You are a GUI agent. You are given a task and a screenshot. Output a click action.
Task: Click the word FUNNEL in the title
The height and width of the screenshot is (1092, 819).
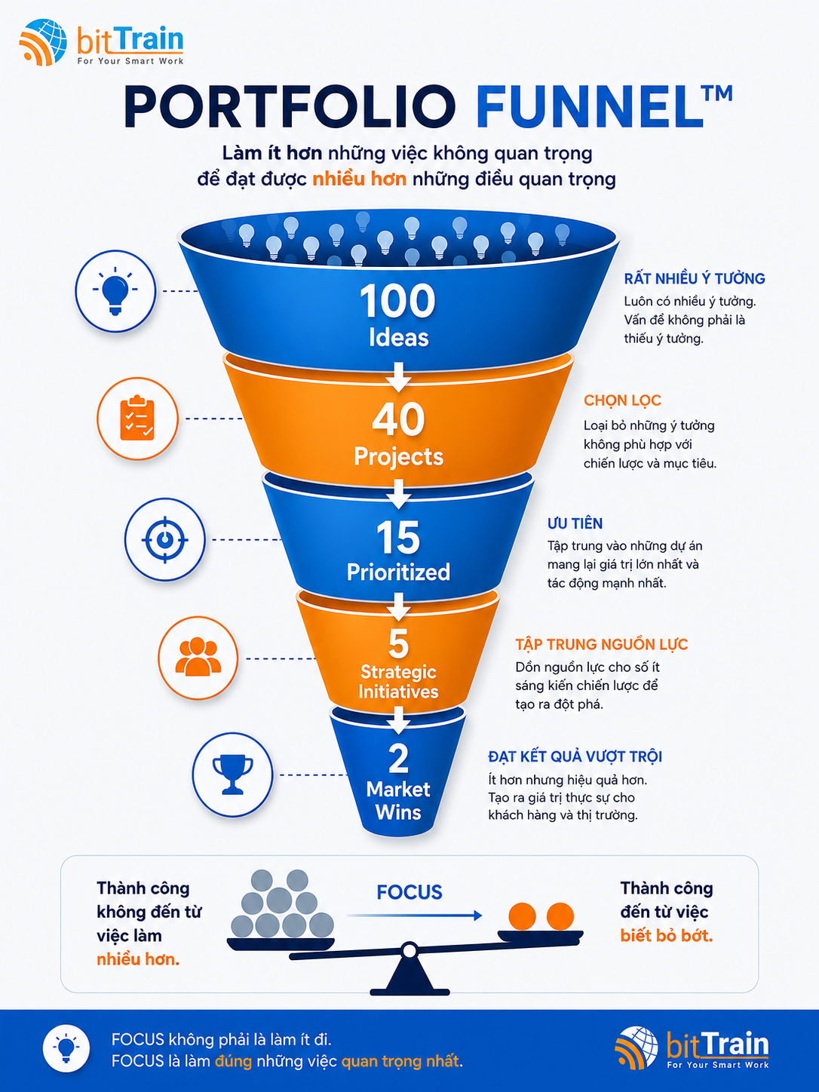(x=590, y=107)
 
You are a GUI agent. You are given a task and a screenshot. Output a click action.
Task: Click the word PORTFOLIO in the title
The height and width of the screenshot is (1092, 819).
(x=290, y=107)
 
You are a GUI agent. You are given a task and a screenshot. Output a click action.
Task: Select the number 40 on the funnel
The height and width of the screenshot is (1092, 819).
(x=398, y=419)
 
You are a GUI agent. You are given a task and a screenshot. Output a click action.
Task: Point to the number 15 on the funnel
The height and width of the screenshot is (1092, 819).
(x=398, y=538)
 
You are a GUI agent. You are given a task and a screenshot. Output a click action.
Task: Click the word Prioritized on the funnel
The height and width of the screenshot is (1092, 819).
(x=398, y=572)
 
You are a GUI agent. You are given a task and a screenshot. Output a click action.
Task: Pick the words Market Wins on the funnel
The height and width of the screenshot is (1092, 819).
(x=398, y=801)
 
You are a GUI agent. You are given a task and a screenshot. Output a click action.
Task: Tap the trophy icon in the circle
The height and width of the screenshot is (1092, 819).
(x=233, y=775)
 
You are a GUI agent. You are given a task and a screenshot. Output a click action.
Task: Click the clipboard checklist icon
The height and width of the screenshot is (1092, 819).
(x=137, y=418)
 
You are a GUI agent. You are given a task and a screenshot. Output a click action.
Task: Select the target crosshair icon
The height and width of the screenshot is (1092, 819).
(x=164, y=539)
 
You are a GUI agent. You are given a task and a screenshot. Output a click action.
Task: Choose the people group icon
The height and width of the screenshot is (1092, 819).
(x=198, y=657)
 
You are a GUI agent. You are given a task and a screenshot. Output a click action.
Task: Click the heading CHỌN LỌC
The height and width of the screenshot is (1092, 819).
(x=623, y=400)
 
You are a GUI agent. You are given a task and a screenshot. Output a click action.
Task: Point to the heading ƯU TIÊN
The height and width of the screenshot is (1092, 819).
(x=575, y=523)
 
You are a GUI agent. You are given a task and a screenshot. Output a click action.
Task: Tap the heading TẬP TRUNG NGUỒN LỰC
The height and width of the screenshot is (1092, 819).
(x=602, y=645)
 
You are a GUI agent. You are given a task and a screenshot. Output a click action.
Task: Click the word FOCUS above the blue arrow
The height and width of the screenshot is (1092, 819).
(x=409, y=892)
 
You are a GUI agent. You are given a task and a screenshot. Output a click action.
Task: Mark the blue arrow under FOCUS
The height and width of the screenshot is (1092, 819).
(x=415, y=916)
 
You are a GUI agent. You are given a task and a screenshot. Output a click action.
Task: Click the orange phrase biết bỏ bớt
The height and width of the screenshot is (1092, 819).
(x=667, y=936)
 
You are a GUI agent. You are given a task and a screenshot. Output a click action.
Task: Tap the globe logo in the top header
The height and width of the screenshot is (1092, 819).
(x=43, y=42)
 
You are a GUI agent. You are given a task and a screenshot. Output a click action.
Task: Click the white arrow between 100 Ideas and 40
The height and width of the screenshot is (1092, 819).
(x=398, y=376)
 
